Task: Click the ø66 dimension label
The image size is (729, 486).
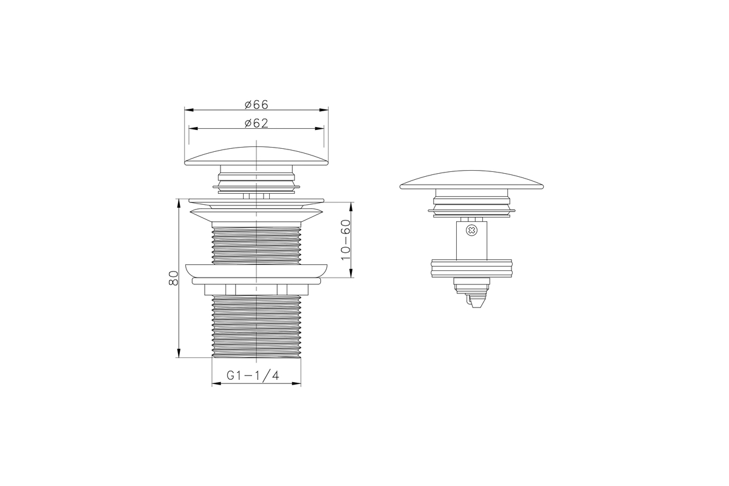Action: (256, 105)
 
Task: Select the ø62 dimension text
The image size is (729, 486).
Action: (256, 123)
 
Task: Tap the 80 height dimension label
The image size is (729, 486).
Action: (174, 278)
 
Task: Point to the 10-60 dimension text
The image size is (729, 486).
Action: (346, 240)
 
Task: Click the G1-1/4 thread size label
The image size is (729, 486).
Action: (253, 375)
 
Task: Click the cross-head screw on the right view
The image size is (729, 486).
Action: (471, 230)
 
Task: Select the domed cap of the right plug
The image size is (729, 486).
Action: (471, 180)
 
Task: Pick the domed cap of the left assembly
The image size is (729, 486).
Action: (256, 156)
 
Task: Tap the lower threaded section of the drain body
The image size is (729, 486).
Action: (256, 326)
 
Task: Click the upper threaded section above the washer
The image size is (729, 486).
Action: (256, 245)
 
